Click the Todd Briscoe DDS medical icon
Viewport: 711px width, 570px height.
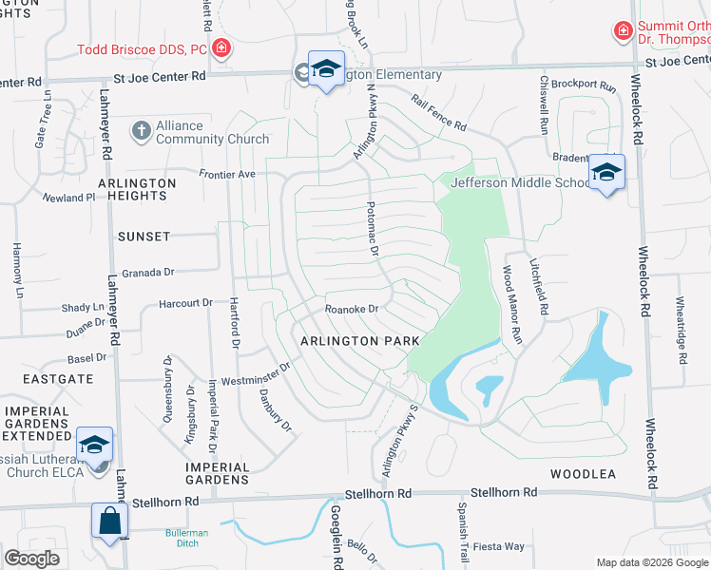pyautogui.click(x=221, y=47)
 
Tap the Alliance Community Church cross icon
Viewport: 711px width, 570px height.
pyautogui.click(x=142, y=130)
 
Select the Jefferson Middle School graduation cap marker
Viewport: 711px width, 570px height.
pyautogui.click(x=605, y=173)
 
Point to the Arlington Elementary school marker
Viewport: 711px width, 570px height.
pyautogui.click(x=326, y=70)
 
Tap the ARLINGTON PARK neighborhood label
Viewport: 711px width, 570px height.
pyautogui.click(x=360, y=340)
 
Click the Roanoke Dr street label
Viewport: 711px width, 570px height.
pyautogui.click(x=352, y=308)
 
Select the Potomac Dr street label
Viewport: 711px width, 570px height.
pyautogui.click(x=374, y=231)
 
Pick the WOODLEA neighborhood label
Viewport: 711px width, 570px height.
pyautogui.click(x=583, y=473)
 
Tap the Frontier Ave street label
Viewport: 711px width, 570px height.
pyautogui.click(x=227, y=174)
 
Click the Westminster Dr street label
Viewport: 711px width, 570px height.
pyautogui.click(x=256, y=375)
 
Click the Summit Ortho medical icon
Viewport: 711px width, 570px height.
pyautogui.click(x=624, y=30)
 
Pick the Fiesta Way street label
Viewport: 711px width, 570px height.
pyautogui.click(x=500, y=546)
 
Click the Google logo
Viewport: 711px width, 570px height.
pyautogui.click(x=32, y=559)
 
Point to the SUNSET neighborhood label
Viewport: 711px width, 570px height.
pyautogui.click(x=144, y=236)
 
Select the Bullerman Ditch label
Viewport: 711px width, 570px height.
pyautogui.click(x=186, y=539)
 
